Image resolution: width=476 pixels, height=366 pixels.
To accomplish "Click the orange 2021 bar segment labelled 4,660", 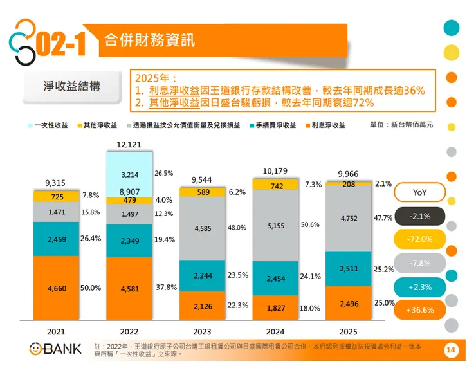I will (56, 288).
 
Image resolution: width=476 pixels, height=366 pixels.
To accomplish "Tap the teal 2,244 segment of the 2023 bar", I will (203, 276).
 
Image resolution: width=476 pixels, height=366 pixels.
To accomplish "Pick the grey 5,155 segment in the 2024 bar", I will (276, 226).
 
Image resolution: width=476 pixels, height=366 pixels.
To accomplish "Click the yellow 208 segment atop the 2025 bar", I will (349, 184).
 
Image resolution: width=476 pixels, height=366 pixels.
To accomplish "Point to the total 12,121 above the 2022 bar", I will (129, 145).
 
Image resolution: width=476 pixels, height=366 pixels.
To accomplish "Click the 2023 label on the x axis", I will (202, 332).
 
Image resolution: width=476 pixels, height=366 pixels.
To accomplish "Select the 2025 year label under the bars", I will (348, 332).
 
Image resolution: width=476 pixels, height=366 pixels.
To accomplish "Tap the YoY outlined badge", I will (419, 192).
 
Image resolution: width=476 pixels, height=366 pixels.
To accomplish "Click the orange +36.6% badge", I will (419, 310).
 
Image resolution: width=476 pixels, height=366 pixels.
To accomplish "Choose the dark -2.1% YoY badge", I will (419, 216).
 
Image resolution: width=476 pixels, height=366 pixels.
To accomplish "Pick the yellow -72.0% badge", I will (419, 239).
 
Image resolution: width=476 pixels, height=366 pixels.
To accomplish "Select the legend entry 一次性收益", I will (48, 125).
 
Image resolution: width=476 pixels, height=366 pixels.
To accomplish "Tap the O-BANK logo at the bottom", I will (55, 349).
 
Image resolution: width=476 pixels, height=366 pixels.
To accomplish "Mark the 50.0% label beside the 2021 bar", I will (91, 289).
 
